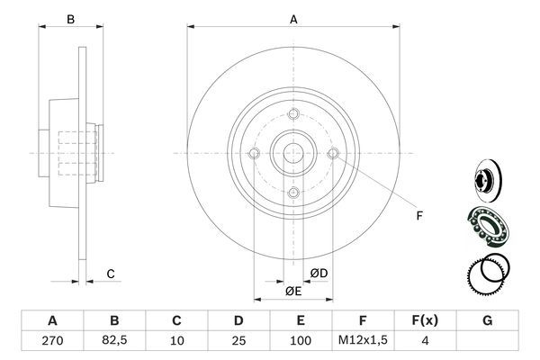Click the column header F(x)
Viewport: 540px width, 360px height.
click(x=425, y=320)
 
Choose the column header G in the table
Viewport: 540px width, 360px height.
click(x=487, y=320)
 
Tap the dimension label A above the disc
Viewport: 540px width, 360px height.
click(x=293, y=17)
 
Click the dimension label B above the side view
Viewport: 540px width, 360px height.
click(x=70, y=17)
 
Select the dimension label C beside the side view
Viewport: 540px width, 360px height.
click(x=110, y=274)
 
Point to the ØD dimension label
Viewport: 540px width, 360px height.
click(x=319, y=274)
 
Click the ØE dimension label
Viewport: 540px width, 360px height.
click(x=292, y=290)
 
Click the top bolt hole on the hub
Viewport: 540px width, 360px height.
click(x=293, y=115)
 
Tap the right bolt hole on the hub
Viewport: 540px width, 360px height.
click(x=333, y=154)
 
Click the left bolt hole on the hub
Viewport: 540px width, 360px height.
click(x=255, y=154)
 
